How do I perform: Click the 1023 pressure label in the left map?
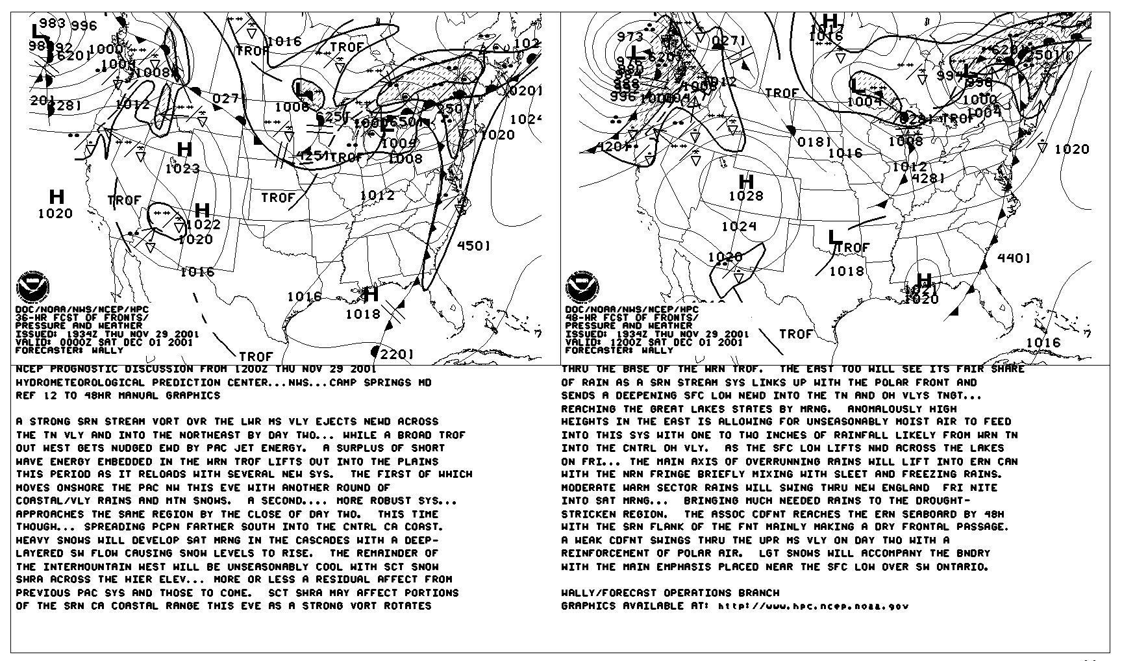pyautogui.click(x=182, y=169)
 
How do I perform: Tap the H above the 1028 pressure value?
pyautogui.click(x=746, y=182)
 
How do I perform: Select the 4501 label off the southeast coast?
pyautogui.click(x=474, y=245)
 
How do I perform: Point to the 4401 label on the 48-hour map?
pyautogui.click(x=1014, y=258)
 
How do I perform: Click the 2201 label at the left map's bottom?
pyautogui.click(x=397, y=355)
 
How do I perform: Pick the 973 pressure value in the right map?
pyautogui.click(x=630, y=37)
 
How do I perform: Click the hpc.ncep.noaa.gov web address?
pyautogui.click(x=813, y=606)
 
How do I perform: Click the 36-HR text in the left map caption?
pyautogui.click(x=31, y=318)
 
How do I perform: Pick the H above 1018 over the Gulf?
pyautogui.click(x=371, y=295)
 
